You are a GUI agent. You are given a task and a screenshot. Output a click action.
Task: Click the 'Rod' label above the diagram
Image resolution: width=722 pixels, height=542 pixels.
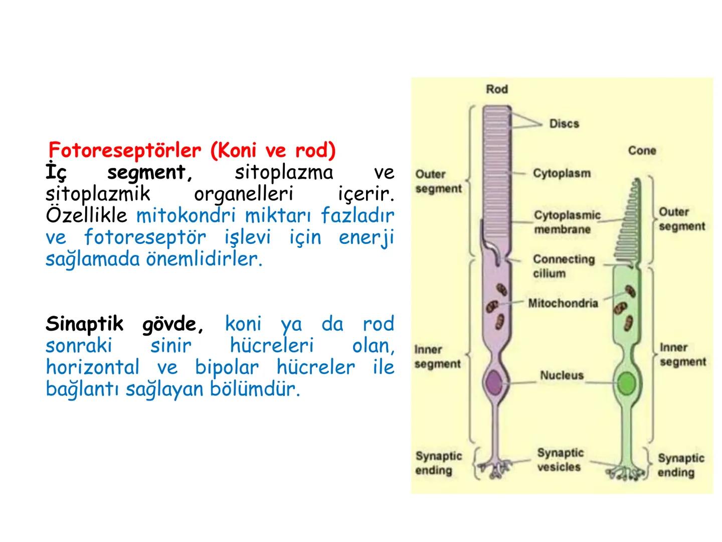pos(497,89)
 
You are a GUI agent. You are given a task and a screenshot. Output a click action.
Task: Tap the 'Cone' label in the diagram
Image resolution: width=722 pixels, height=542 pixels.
pos(642,151)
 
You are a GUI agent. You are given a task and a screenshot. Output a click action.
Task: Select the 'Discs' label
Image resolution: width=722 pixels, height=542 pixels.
pos(564,123)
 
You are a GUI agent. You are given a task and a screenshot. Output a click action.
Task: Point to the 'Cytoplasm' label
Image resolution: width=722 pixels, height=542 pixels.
pos(562,173)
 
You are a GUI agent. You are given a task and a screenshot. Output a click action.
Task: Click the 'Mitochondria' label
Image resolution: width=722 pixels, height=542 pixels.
pos(563,303)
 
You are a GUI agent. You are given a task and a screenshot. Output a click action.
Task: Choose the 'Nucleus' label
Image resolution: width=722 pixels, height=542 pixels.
pos(562,375)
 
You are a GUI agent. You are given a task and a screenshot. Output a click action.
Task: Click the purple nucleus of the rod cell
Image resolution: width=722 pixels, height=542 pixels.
pos(494,382)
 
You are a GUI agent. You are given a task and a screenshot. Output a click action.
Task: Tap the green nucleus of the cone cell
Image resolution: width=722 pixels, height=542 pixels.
pos(626,384)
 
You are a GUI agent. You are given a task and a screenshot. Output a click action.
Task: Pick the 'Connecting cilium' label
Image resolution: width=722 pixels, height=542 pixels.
pos(564,266)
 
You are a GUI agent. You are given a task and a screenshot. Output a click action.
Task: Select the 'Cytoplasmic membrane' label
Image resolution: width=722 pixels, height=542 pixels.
pos(567,222)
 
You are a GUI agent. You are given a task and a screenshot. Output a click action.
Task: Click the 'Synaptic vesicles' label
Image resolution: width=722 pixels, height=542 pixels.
pos(560,460)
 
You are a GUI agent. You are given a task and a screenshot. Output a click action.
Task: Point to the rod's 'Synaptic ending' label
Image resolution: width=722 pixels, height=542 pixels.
pos(438,463)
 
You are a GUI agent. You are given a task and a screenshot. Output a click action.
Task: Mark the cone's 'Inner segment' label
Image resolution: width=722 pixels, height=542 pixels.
pos(682,354)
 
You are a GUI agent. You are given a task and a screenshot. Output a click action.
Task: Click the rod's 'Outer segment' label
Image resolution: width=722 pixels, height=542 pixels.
pos(438,181)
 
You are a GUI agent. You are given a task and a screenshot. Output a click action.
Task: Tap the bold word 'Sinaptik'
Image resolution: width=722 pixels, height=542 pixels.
pos(84,324)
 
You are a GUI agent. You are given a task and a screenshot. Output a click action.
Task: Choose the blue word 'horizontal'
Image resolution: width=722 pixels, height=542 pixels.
pos(92,367)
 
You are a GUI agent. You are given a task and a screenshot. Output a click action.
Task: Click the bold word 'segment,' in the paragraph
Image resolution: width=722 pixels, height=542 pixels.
pos(150,173)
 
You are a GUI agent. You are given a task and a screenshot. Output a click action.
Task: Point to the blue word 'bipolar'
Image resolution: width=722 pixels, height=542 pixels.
pos(227,367)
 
